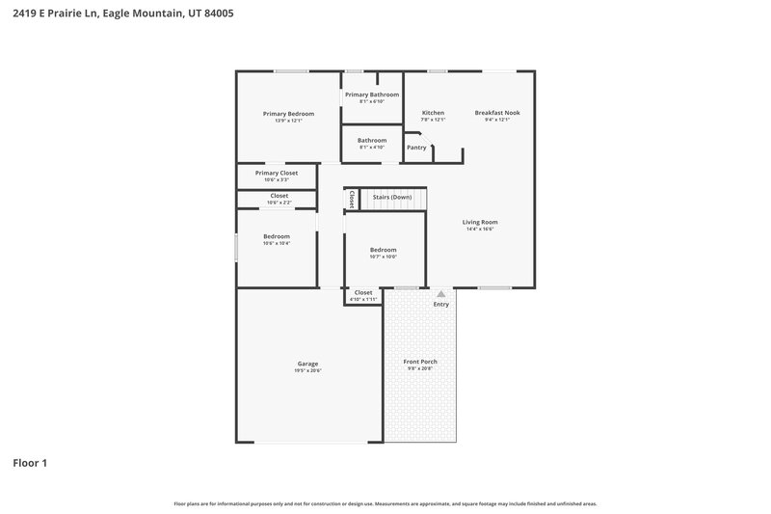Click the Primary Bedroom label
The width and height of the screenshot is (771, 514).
coord(288,114)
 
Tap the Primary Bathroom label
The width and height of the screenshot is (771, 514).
coord(372,95)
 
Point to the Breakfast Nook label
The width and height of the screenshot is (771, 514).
coord(497,113)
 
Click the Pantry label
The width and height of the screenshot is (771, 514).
coord(416,148)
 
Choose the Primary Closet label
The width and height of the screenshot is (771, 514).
coord(277,173)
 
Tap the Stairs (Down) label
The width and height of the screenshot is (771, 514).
coord(392,196)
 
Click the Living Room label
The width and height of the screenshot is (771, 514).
coord(480,222)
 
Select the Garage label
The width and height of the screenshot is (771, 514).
coord(307,364)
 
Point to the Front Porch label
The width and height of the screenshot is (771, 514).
coord(420,362)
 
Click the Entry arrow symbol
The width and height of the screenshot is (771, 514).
coord(440,294)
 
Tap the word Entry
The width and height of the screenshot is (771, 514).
coord(440,305)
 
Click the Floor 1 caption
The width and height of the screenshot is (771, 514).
coord(30,463)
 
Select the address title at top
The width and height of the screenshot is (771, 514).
coord(122,14)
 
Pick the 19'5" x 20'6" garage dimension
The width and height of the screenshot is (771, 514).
coord(307,370)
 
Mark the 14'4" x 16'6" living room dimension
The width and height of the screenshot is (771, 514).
coord(480,230)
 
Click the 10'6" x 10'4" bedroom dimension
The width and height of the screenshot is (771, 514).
coord(277,243)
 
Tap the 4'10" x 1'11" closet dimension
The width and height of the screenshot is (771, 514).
coord(363,299)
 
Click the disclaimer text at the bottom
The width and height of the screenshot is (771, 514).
coord(385,503)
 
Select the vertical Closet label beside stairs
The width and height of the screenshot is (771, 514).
coord(353,199)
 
